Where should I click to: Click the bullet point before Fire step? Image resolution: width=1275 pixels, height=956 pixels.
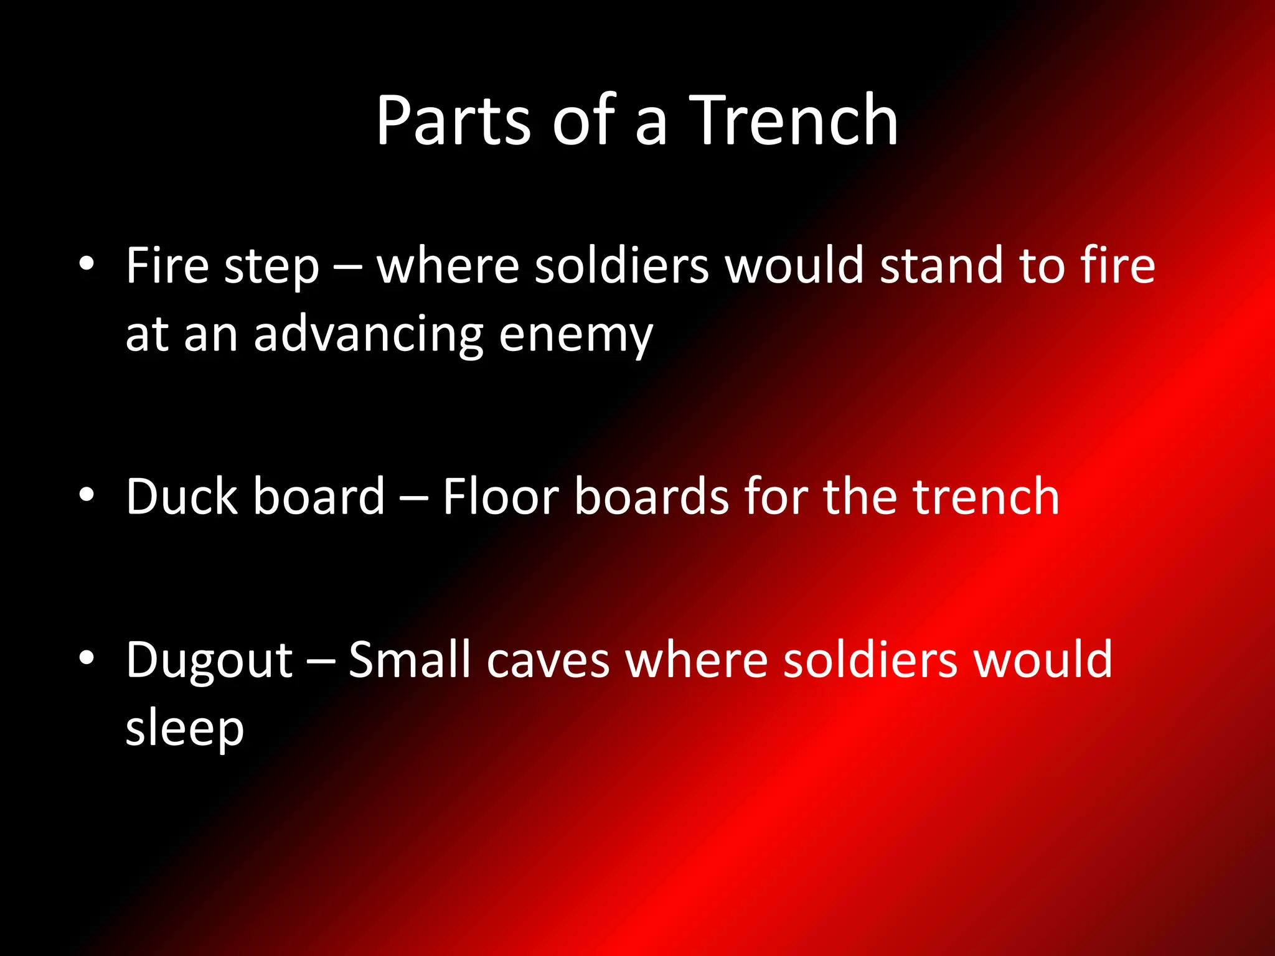point(87,264)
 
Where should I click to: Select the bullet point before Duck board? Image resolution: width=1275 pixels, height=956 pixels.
point(87,495)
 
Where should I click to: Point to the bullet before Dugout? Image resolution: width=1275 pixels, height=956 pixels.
point(87,658)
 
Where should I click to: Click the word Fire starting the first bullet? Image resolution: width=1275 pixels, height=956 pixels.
point(167,266)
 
